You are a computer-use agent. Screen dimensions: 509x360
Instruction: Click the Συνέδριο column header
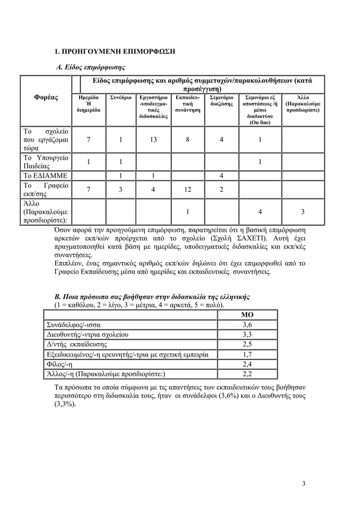pyautogui.click(x=121, y=98)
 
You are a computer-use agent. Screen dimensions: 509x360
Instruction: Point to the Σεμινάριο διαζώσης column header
pyautogui.click(x=221, y=101)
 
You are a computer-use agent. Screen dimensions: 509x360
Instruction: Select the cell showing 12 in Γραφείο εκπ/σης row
pyautogui.click(x=187, y=190)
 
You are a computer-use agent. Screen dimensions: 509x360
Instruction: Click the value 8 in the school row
pyautogui.click(x=187, y=140)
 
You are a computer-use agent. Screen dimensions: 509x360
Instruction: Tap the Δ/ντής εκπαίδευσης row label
pyautogui.click(x=76, y=344)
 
